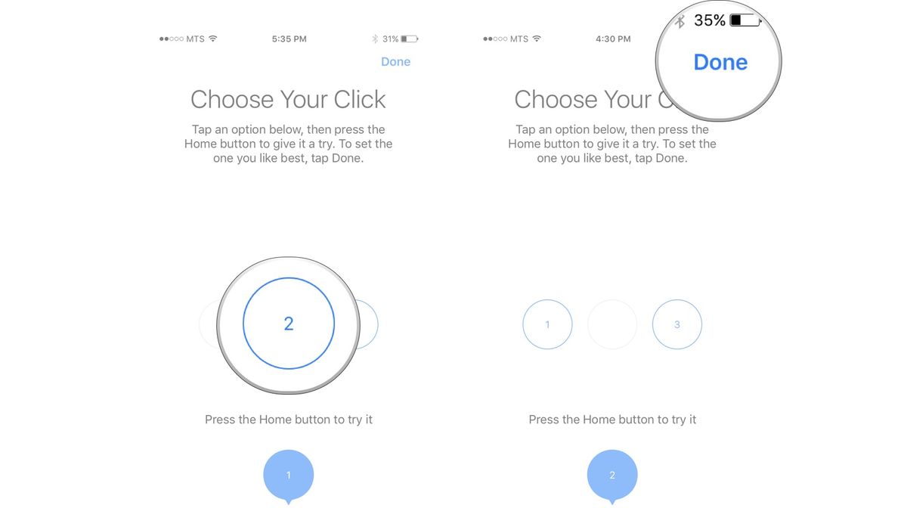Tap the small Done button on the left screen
click(x=395, y=62)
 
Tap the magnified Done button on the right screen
click(x=720, y=62)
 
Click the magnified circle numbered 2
click(x=288, y=324)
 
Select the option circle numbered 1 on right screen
click(x=547, y=324)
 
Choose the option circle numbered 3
click(x=676, y=324)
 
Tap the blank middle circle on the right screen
click(x=612, y=324)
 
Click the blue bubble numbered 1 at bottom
click(x=288, y=475)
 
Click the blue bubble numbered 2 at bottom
click(x=612, y=475)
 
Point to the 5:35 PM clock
click(x=289, y=39)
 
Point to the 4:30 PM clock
click(x=613, y=39)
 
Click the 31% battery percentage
click(x=390, y=39)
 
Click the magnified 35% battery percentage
click(x=709, y=21)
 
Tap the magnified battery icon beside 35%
click(x=745, y=21)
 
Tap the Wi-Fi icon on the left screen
click(x=213, y=39)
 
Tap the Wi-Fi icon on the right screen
click(x=537, y=39)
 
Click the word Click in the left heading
click(x=354, y=99)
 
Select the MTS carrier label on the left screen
click(x=195, y=39)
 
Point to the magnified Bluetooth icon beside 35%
click(x=680, y=21)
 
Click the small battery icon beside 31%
click(x=409, y=39)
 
